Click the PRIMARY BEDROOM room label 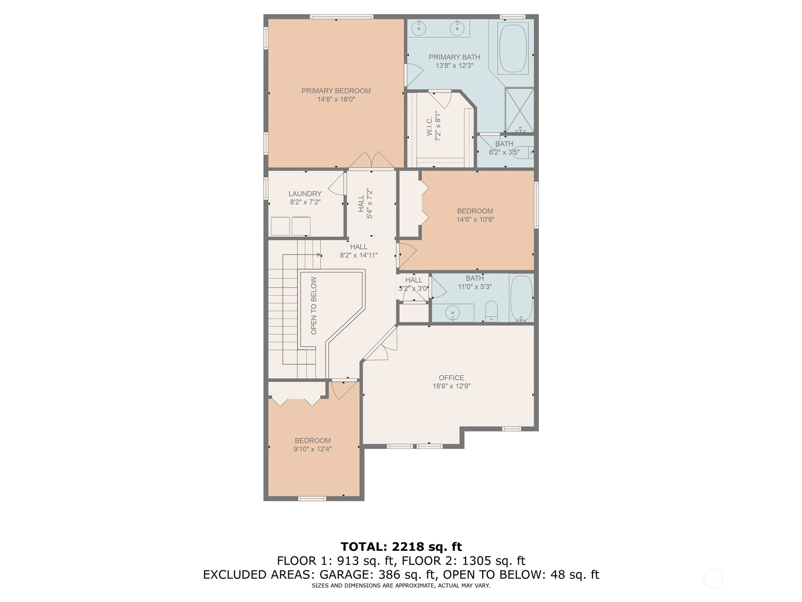pyautogui.click(x=336, y=91)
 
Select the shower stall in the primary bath pyautogui.click(x=519, y=110)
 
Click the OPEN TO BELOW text pyautogui.click(x=313, y=306)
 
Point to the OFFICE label pyautogui.click(x=452, y=378)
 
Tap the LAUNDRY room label pyautogui.click(x=305, y=194)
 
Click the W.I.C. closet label pyautogui.click(x=430, y=126)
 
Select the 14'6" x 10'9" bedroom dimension pyautogui.click(x=475, y=220)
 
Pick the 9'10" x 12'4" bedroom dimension pyautogui.click(x=312, y=449)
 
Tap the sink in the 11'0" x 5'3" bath pyautogui.click(x=453, y=313)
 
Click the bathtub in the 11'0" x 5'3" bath pyautogui.click(x=521, y=297)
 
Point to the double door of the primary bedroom pyautogui.click(x=371, y=161)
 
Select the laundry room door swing pyautogui.click(x=337, y=184)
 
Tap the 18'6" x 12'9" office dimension pyautogui.click(x=452, y=386)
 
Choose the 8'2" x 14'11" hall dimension pyautogui.click(x=358, y=255)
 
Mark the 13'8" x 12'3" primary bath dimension pyautogui.click(x=454, y=66)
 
